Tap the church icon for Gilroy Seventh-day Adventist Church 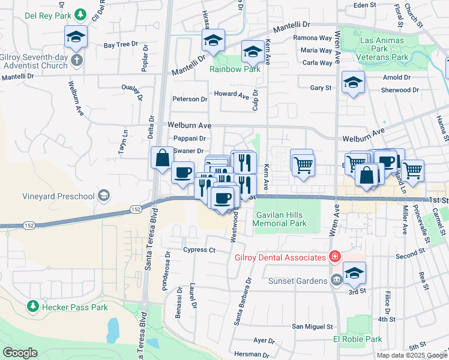[76, 60]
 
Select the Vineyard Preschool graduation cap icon [104, 196]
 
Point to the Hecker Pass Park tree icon [32, 307]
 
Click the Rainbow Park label [235, 69]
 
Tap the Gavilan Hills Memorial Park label [280, 219]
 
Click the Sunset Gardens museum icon [336, 280]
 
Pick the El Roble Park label [358, 339]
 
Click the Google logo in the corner [20, 353]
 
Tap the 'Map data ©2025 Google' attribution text [411, 355]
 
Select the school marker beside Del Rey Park [76, 37]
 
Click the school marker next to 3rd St [354, 274]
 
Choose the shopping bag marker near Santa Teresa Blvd [162, 159]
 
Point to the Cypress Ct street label [199, 250]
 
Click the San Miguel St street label [312, 327]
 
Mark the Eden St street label [364, 5]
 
